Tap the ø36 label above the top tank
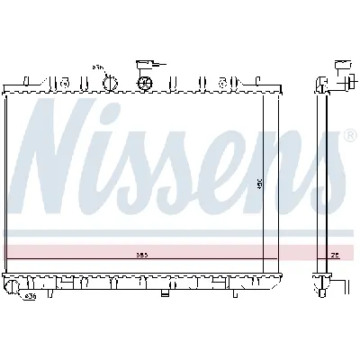pos(97,67)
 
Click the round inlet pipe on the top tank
pos(111,83)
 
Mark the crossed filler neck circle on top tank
pos(144,83)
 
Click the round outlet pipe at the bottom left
pos(12,287)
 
